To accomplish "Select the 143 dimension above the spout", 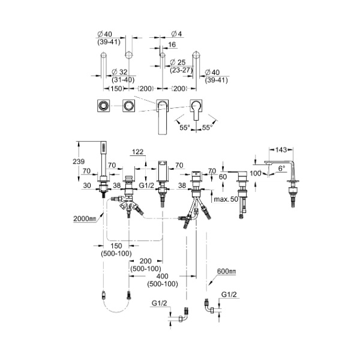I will coord(283,151).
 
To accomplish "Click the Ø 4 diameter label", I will coord(170,34).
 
